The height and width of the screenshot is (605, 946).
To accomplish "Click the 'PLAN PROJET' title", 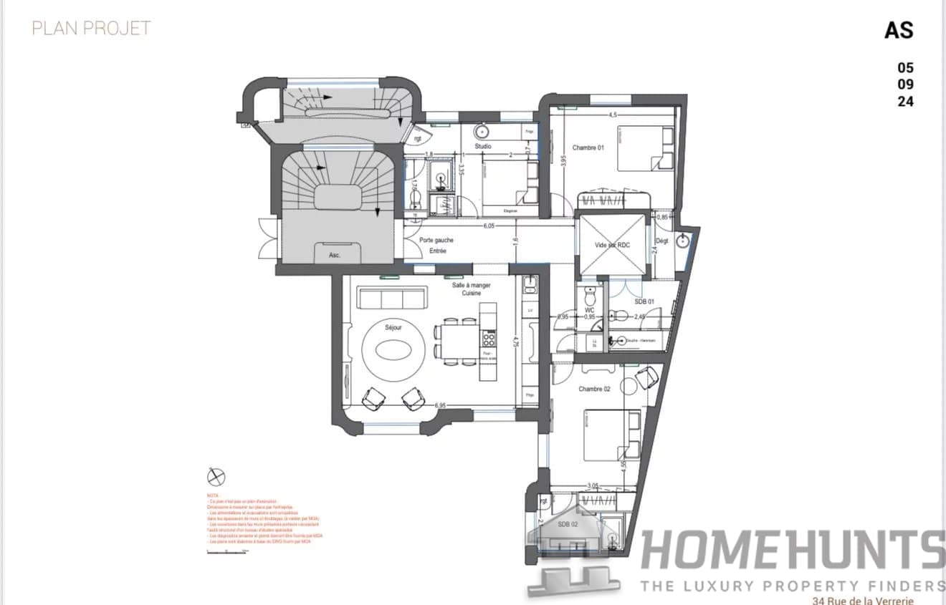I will tap(91, 28).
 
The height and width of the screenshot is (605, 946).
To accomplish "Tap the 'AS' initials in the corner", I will tap(899, 30).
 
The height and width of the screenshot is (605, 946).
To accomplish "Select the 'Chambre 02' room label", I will tap(594, 389).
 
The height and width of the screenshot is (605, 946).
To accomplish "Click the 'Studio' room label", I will tap(483, 147).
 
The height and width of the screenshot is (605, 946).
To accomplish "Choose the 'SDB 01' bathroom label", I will tap(644, 301).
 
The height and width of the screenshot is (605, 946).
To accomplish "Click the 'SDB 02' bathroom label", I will tap(568, 523).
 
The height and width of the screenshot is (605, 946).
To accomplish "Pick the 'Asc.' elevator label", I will tap(335, 255).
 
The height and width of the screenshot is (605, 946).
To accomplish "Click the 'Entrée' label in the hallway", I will tap(438, 251).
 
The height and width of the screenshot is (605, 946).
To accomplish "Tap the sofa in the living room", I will tap(391, 299).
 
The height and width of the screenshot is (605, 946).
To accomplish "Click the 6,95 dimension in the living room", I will tap(440, 406).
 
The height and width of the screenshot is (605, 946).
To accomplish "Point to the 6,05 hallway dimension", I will tap(489, 226).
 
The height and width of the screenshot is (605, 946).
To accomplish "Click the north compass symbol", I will tap(216, 477).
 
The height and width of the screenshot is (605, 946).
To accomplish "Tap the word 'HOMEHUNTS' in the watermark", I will tap(792, 551).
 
